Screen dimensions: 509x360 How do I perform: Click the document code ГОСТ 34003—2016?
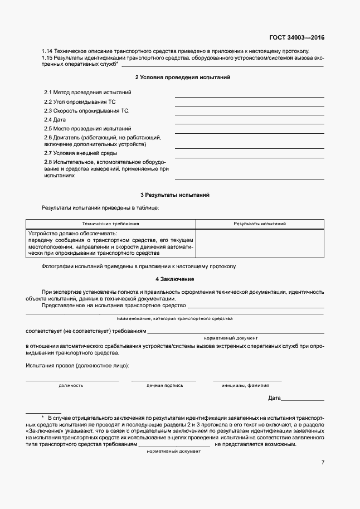pos(296,38)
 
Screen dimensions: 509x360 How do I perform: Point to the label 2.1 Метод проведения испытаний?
pos(87,92)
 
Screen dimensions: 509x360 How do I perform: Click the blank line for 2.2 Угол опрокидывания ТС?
pos(249,105)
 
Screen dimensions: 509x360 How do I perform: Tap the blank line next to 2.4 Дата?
pos(249,123)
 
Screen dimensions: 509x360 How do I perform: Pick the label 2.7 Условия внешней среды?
pos(80,153)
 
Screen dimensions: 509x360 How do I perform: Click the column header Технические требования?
pos(110,223)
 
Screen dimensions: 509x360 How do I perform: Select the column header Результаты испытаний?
pos(260,223)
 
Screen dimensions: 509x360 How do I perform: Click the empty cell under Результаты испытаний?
pos(260,243)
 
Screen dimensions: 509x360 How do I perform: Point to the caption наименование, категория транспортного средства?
pos(174,318)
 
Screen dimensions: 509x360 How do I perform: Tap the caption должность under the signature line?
pos(71,385)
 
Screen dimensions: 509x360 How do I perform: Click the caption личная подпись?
pos(164,385)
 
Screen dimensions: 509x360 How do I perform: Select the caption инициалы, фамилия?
pos(245,385)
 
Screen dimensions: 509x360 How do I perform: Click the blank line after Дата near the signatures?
pos(303,399)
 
